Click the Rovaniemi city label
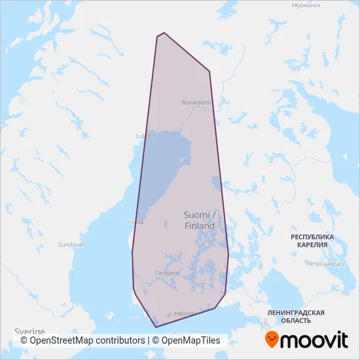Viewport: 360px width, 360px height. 196,102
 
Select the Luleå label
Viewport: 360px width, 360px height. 143,135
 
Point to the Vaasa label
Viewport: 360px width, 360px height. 135,222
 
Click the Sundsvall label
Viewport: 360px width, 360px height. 71,244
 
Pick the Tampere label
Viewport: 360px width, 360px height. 167,272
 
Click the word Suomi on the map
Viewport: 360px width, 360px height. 196,215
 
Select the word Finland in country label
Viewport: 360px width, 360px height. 199,226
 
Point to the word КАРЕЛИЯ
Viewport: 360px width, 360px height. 312,245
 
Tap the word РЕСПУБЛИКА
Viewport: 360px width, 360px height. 312,236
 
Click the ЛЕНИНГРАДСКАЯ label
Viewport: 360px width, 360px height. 296,313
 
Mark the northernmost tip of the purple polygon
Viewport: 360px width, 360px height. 164,33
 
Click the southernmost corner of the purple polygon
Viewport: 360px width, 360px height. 155,326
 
